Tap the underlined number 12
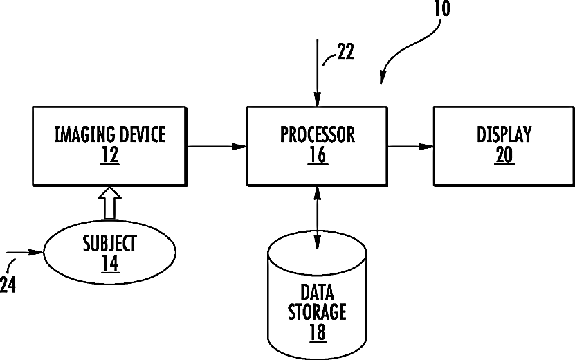(x=109, y=155)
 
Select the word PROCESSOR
(x=318, y=134)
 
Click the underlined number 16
(x=318, y=155)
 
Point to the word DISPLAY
(x=504, y=134)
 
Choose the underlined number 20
(x=504, y=155)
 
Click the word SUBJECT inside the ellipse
(x=109, y=243)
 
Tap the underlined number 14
(x=110, y=263)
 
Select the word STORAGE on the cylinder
(x=317, y=312)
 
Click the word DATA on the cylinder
(x=317, y=292)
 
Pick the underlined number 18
(x=318, y=332)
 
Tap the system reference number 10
(x=441, y=9)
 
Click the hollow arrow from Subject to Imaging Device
(x=109, y=204)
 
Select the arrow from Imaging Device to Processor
(x=217, y=147)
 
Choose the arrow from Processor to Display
(x=410, y=147)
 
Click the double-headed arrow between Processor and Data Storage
(x=317, y=218)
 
